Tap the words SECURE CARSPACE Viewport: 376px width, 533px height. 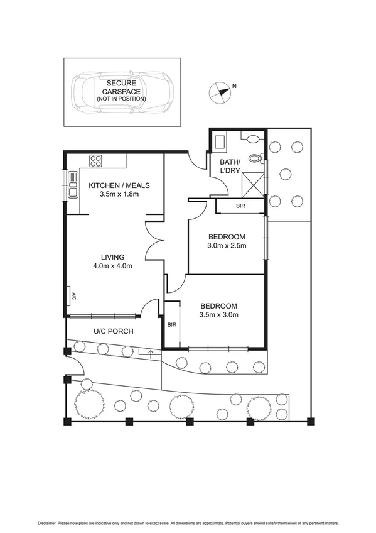point(121,87)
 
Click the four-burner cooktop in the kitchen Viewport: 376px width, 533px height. point(96,160)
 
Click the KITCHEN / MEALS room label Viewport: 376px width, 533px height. point(119,185)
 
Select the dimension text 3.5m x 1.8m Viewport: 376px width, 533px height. point(119,195)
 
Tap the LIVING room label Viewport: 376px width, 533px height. point(113,257)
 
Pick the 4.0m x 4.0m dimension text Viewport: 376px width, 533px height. point(113,266)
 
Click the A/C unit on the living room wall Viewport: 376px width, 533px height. point(72,295)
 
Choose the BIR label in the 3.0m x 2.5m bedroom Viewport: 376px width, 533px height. point(240,206)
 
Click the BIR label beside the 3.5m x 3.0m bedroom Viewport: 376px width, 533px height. point(171,325)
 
